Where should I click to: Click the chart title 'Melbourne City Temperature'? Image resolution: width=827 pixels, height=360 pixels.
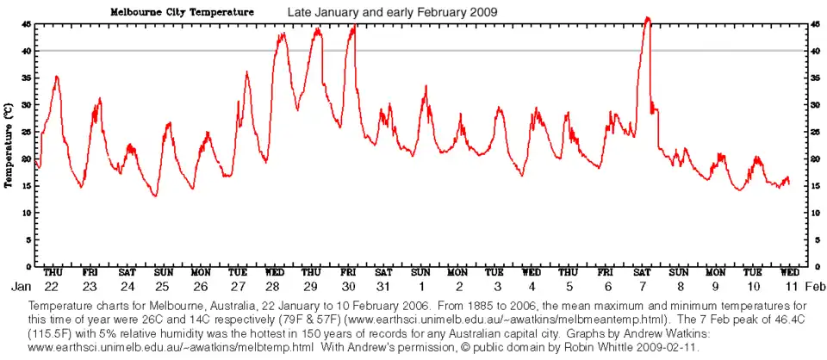[181, 13]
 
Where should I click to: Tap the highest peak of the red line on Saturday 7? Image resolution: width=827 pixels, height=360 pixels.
[648, 17]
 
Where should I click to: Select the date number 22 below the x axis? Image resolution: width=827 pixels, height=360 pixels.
[53, 286]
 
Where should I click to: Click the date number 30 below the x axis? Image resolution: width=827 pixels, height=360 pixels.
[349, 286]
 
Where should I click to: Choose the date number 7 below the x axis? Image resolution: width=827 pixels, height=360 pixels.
[644, 286]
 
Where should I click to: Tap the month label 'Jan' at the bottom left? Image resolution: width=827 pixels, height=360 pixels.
[21, 286]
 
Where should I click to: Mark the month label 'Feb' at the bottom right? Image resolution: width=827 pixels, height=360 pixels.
[817, 286]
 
